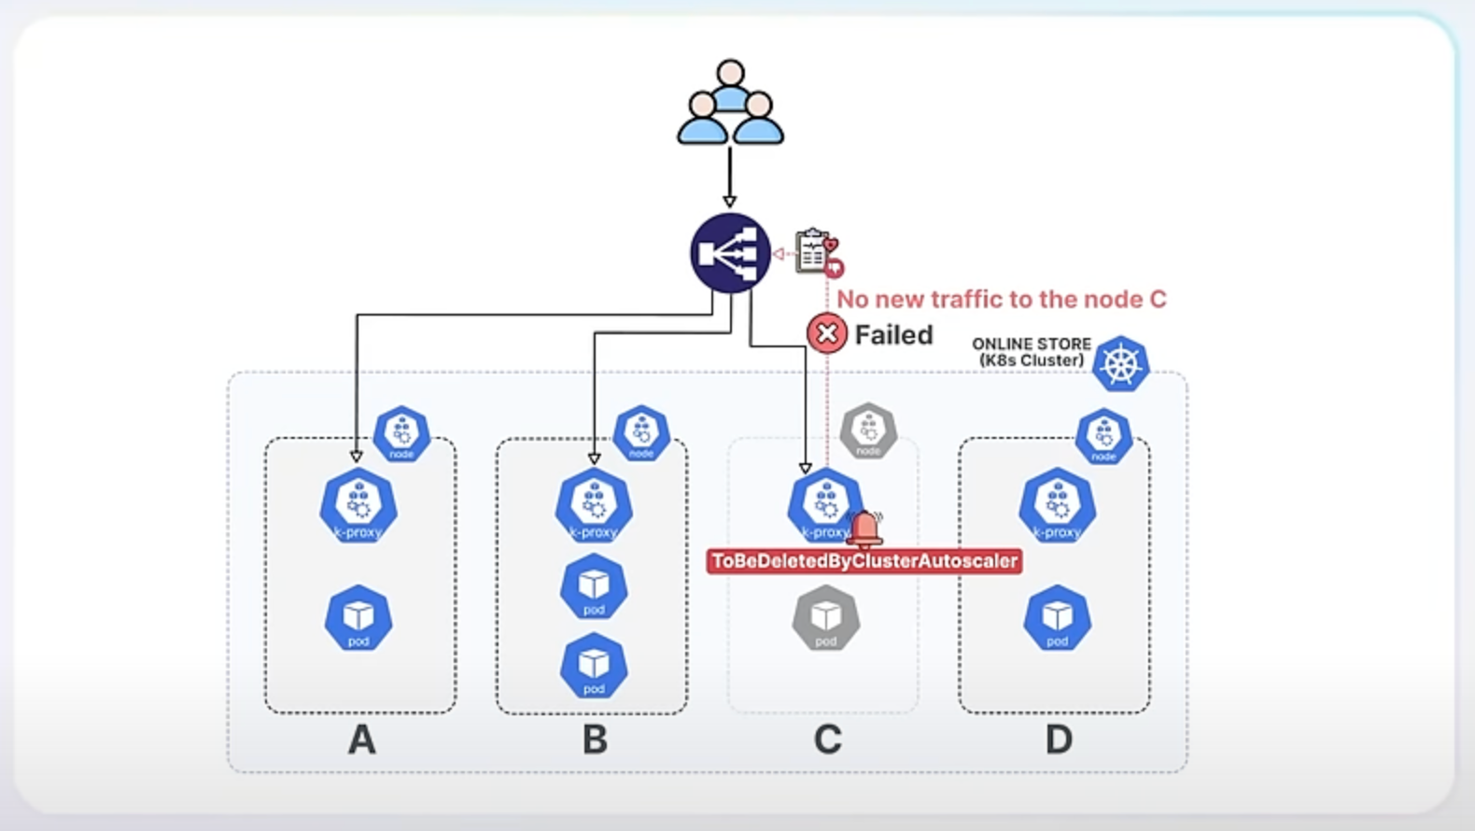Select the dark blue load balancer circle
point(730,253)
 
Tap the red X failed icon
point(826,333)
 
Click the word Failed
point(893,334)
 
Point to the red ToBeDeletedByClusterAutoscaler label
point(864,561)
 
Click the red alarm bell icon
point(866,528)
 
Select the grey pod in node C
point(826,618)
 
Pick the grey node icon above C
point(868,431)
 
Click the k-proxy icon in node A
point(358,506)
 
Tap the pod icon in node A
point(358,618)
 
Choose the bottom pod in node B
point(594,666)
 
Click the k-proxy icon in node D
point(1057,506)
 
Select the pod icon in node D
point(1057,618)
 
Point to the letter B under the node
point(595,739)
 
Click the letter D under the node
point(1058,739)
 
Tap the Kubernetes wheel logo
point(1120,363)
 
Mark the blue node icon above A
point(401,433)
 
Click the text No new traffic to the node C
point(1001,299)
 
